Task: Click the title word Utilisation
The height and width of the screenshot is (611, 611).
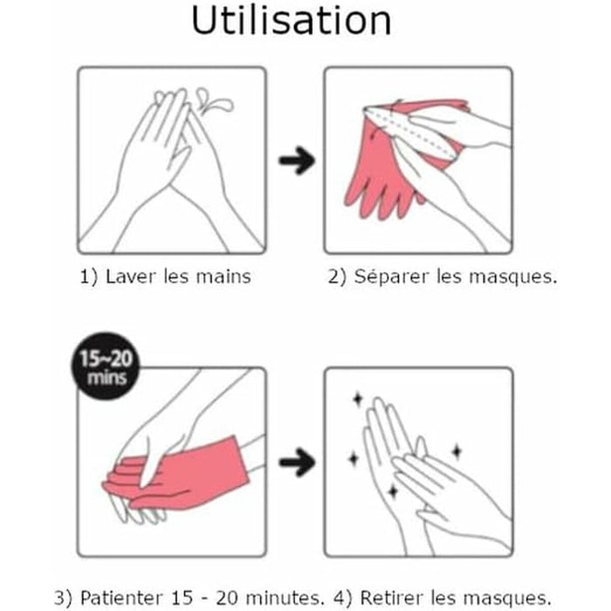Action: click(x=291, y=21)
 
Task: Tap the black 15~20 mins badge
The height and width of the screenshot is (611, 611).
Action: click(x=106, y=367)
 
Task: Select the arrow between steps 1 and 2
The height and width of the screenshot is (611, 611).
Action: click(x=297, y=160)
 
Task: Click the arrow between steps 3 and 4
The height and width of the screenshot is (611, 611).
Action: click(x=297, y=462)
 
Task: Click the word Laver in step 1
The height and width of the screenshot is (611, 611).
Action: click(x=131, y=277)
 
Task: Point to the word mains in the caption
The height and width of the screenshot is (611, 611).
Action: click(x=223, y=277)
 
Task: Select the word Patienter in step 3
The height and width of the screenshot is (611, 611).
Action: click(x=120, y=597)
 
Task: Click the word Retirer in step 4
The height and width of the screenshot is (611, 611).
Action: click(x=392, y=597)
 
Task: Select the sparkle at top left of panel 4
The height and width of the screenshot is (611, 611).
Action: click(x=357, y=399)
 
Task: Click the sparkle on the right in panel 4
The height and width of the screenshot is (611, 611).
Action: click(x=457, y=451)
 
